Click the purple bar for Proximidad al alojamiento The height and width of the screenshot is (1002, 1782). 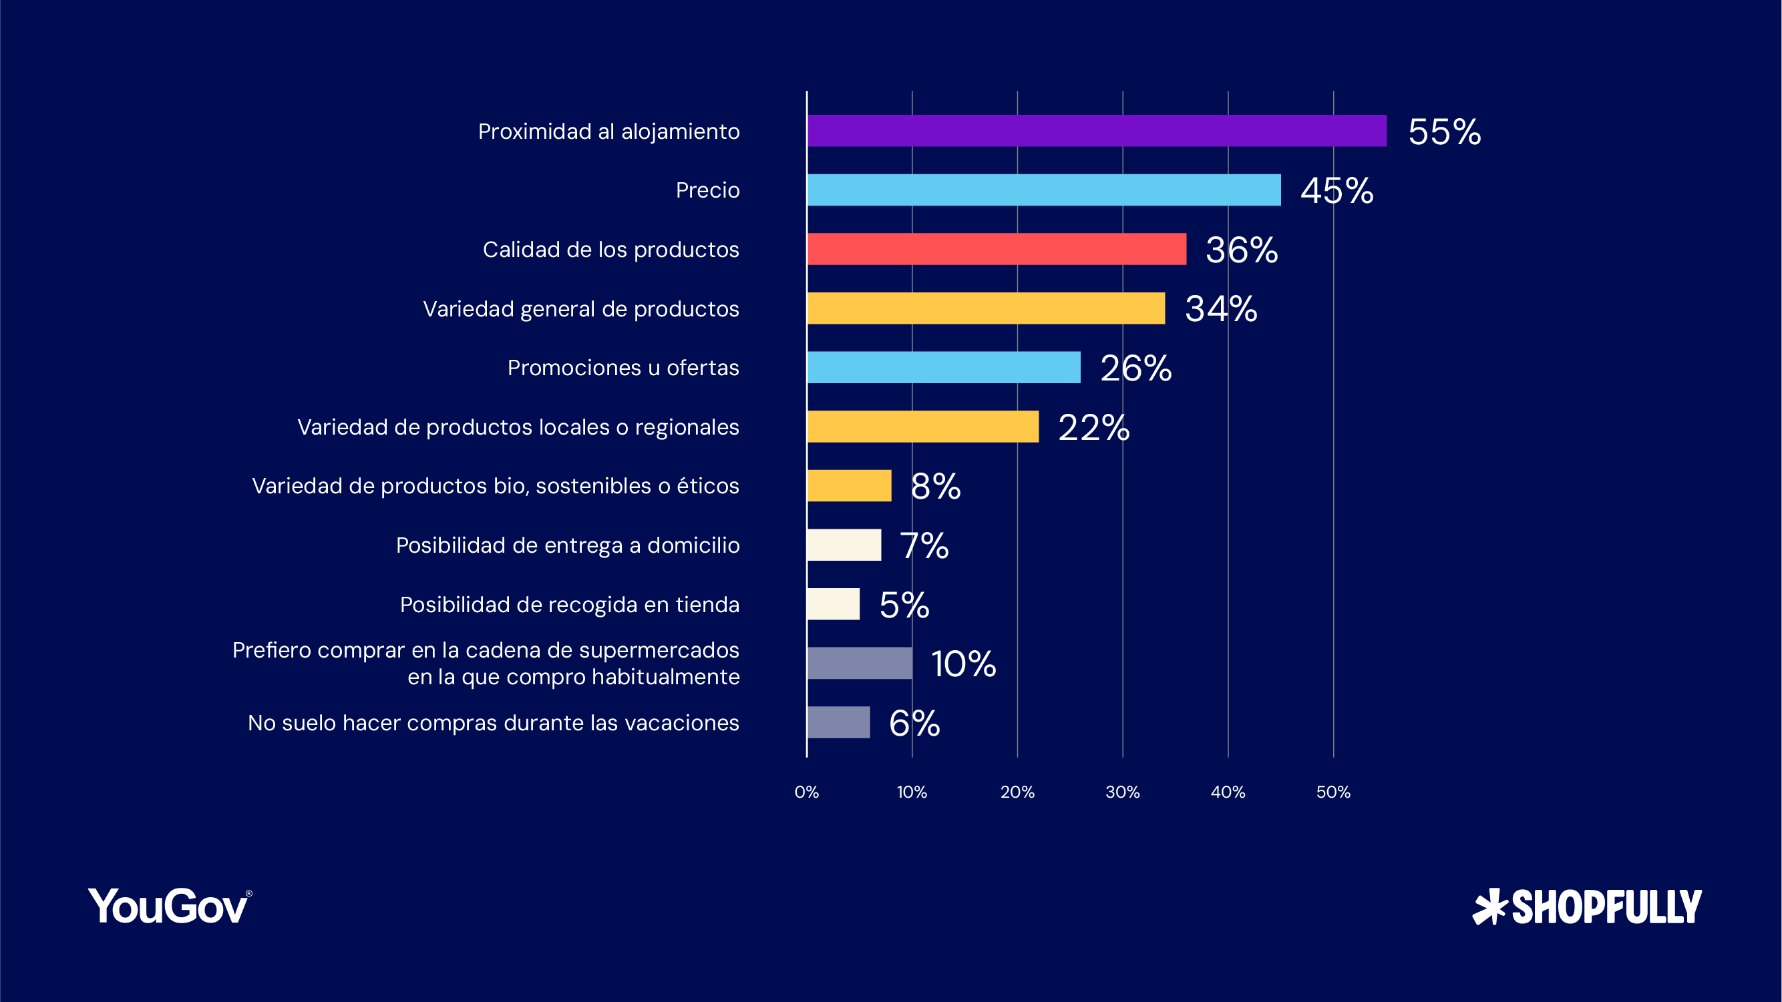point(1097,131)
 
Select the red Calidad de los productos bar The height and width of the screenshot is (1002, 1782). point(996,249)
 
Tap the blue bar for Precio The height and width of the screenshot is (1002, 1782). point(1043,190)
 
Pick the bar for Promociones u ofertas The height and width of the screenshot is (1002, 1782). point(943,367)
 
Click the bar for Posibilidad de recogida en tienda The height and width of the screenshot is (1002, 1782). point(833,603)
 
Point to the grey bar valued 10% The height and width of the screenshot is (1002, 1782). point(859,663)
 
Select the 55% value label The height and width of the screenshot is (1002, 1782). point(1445,132)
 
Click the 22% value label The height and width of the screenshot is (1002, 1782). point(1093,427)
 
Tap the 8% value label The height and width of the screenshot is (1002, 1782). point(935,485)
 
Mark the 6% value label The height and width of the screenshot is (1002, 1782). point(914,723)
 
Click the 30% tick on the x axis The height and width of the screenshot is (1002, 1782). point(1122,792)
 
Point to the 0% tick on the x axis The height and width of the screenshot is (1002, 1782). point(807,792)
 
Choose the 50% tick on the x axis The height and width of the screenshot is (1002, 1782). point(1333,792)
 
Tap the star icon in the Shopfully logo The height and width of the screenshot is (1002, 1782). point(1489,907)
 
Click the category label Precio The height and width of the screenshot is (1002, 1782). point(707,190)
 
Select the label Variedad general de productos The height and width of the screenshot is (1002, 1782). point(580,308)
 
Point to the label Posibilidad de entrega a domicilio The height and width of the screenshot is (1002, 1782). point(567,545)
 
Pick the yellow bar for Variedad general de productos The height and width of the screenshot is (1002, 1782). point(985,308)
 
